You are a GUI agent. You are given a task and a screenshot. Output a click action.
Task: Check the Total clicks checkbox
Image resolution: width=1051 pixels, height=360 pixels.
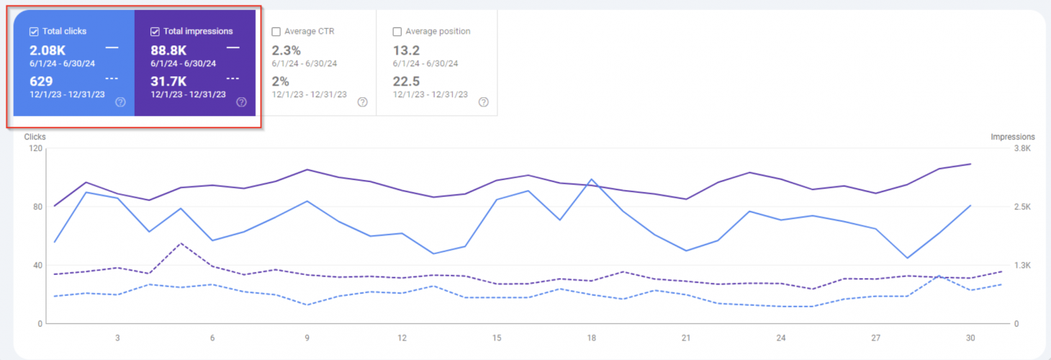coord(34,32)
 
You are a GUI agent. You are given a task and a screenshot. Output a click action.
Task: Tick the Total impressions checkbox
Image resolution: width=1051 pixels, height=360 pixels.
coord(155,32)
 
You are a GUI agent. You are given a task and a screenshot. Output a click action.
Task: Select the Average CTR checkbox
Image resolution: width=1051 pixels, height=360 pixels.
coord(276,32)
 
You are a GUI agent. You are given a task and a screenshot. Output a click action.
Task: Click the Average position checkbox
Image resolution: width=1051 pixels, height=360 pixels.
coord(397,32)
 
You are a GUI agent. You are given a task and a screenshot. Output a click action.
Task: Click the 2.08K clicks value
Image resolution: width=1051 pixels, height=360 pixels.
coord(48,50)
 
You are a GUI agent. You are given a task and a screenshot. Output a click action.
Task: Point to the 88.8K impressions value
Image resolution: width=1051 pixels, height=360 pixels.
coord(168,50)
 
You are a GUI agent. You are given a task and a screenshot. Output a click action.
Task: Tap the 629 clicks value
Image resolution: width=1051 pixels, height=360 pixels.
coord(41,81)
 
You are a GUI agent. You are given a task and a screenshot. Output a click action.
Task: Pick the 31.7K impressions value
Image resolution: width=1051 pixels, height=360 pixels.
coord(168,81)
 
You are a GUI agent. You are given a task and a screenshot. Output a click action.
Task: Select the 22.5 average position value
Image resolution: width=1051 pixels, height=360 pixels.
coord(407,81)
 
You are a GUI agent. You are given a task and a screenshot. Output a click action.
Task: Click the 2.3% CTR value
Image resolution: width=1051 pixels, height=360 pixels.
coord(286,50)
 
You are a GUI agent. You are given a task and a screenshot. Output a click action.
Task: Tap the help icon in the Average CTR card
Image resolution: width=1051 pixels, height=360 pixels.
coord(362,102)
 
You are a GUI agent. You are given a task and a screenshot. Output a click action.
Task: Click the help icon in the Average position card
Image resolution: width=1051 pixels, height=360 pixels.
coord(484,102)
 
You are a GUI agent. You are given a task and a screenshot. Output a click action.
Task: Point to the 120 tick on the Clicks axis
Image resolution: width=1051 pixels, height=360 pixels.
coord(34,148)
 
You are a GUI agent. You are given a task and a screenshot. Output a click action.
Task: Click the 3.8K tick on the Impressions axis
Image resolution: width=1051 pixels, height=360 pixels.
coord(1022,148)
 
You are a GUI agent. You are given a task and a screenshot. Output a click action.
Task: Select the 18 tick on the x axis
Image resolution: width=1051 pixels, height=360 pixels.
coord(592,338)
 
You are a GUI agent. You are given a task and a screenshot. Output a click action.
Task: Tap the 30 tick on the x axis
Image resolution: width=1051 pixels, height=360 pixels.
coord(970,338)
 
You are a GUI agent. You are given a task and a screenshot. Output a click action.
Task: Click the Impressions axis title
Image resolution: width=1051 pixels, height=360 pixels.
coord(1012,137)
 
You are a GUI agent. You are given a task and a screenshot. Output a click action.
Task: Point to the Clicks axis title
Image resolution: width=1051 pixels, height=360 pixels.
coord(35,137)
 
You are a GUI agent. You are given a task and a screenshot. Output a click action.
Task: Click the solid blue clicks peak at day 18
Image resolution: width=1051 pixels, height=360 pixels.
coord(591,179)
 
